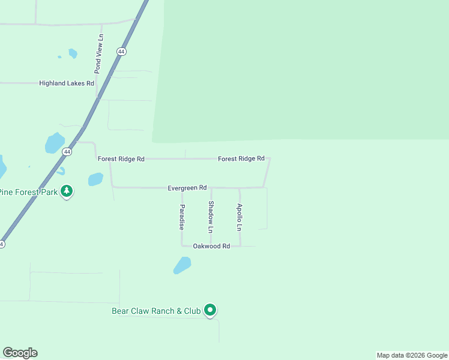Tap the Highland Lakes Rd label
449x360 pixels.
point(67,83)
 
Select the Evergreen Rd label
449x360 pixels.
point(187,188)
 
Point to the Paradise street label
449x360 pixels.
point(181,217)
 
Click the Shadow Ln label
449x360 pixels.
point(211,217)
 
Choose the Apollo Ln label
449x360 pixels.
point(239,217)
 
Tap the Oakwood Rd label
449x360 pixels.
point(211,246)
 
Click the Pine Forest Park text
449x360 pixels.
point(28,192)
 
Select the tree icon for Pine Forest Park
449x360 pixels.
point(67,191)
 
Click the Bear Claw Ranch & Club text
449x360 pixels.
point(155,311)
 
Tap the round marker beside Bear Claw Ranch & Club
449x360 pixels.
point(209,310)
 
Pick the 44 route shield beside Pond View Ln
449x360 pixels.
point(122,52)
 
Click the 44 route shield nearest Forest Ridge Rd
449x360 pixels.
point(67,152)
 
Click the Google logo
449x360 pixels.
point(20,353)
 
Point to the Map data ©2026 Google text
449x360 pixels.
point(412,355)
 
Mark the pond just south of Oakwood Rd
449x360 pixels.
point(182,265)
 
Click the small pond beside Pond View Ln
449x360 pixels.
point(73,53)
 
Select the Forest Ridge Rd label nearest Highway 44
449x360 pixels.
point(121,159)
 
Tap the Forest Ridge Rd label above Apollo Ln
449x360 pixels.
point(241,158)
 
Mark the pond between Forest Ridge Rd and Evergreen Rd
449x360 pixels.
point(95,179)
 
